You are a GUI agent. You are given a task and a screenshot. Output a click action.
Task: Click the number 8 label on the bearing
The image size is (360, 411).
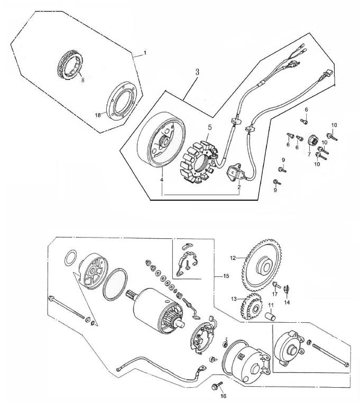pos(82,80)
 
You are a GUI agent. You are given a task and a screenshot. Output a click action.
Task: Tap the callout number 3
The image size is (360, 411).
pos(196,72)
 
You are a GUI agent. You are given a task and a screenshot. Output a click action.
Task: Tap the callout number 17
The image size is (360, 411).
pos(275,294)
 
